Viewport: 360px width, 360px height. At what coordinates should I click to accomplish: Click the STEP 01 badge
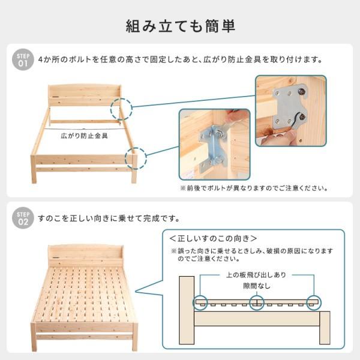click(23, 59)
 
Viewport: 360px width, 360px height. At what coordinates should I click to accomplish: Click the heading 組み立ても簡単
click(180, 26)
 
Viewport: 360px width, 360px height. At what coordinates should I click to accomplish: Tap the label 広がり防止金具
click(85, 137)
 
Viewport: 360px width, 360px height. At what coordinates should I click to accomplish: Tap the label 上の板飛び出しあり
click(256, 275)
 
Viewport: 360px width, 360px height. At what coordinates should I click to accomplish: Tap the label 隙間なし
click(257, 286)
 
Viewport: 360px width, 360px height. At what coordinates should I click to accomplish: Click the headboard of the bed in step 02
click(85, 254)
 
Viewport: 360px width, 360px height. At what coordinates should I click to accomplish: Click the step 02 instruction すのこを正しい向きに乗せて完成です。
click(108, 218)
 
